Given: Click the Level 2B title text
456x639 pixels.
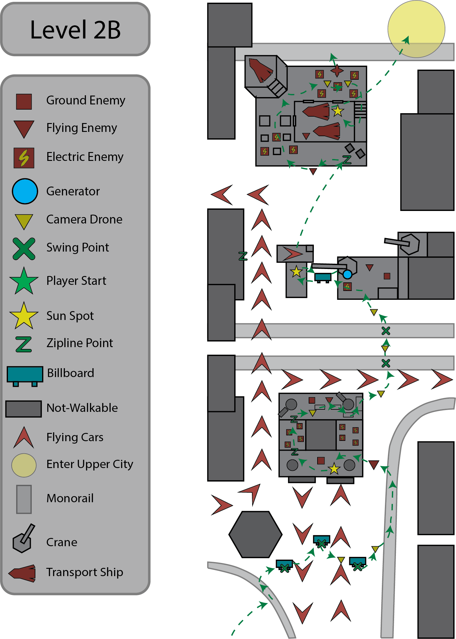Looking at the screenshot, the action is point(75,30).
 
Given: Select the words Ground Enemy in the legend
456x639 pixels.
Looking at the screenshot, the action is point(86,100).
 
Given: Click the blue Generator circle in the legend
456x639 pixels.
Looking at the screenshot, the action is point(25,191).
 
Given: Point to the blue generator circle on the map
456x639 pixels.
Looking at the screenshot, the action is point(347,274).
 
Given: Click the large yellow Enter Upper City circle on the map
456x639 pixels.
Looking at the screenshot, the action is point(416,29).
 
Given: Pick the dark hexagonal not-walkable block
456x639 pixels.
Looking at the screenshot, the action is point(256,534).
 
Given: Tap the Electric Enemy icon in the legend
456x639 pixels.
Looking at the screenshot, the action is point(24,158).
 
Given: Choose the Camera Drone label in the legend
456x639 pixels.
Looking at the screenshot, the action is point(84,220).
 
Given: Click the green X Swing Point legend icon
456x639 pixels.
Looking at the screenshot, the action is point(24,249).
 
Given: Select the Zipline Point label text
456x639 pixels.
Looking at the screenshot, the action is point(80,343).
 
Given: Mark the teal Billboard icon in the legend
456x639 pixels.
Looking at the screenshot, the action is point(25,376).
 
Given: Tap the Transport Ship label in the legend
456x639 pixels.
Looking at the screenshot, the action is point(85,572).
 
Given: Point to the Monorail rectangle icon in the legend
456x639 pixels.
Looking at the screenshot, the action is point(24,499).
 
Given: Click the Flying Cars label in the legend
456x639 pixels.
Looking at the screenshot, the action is point(75,437).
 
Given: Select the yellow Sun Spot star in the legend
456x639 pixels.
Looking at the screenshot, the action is point(24,316).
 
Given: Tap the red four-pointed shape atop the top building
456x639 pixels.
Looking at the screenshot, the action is point(337,71).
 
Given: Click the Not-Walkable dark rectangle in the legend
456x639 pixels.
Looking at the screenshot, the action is point(23,409).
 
